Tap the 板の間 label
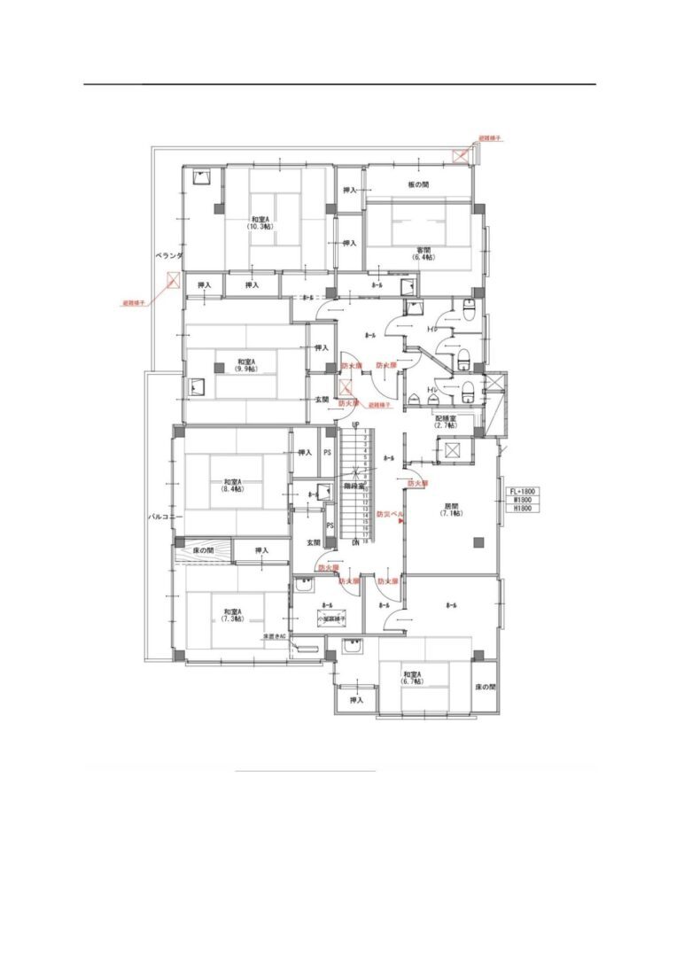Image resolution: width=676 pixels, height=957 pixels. click(x=418, y=184)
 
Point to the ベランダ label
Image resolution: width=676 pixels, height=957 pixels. click(x=167, y=255)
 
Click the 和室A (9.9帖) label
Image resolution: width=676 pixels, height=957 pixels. click(x=245, y=365)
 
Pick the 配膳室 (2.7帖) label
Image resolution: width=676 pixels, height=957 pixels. click(x=445, y=421)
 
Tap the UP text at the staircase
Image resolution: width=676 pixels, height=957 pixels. click(x=355, y=425)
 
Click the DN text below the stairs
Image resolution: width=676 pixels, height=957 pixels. click(x=355, y=542)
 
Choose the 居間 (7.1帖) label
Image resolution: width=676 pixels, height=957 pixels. click(x=451, y=510)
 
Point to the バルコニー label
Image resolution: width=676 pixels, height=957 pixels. click(x=164, y=516)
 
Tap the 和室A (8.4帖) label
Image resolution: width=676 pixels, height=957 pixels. click(x=232, y=485)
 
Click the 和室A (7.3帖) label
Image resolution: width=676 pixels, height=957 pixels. click(x=233, y=615)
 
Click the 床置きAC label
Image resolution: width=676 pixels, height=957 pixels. click(x=274, y=637)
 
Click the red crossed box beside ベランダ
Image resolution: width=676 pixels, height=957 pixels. click(x=174, y=283)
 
